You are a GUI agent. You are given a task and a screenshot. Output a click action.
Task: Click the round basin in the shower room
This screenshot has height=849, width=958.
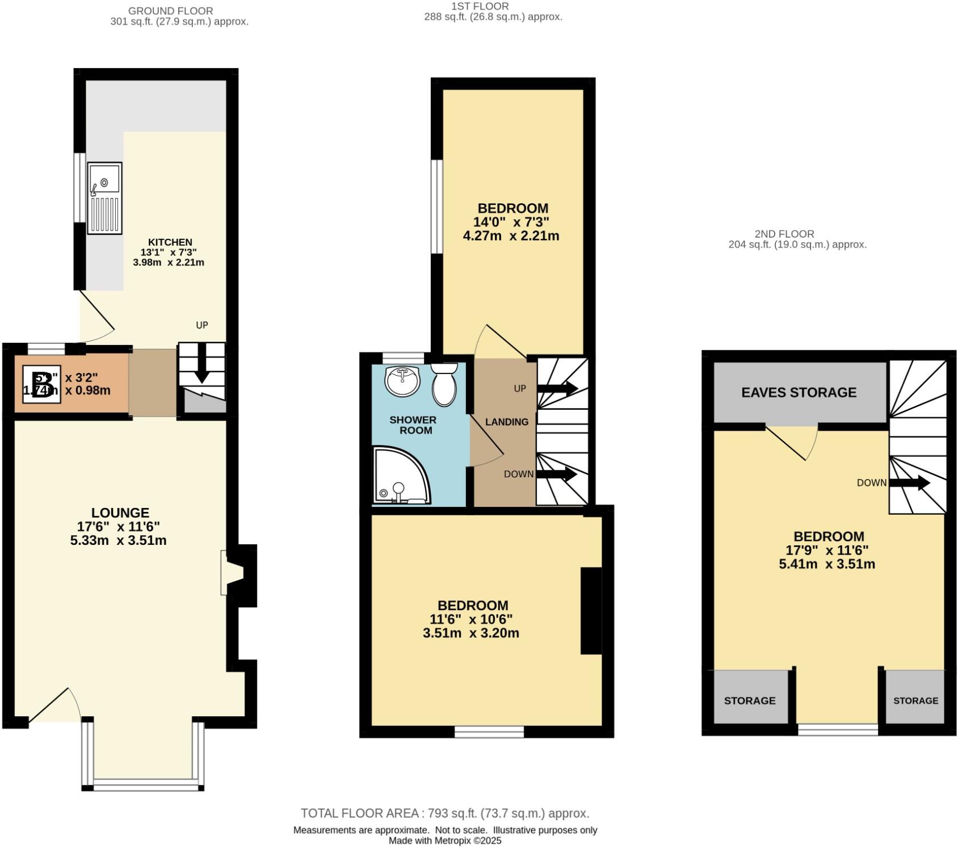pyautogui.click(x=402, y=381)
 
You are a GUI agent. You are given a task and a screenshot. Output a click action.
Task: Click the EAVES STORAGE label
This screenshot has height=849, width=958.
pyautogui.click(x=799, y=392)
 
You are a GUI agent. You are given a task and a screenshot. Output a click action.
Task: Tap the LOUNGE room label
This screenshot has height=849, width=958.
pyautogui.click(x=120, y=513)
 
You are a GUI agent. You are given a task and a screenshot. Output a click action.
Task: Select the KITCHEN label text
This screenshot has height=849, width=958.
pyautogui.click(x=170, y=242)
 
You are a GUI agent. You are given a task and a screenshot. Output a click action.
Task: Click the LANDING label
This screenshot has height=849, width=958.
pyautogui.click(x=507, y=422)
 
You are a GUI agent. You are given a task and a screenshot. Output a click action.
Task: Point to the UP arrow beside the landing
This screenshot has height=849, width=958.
pyautogui.click(x=557, y=389)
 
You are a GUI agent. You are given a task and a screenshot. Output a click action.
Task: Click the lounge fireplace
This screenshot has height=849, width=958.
pyautogui.click(x=237, y=573)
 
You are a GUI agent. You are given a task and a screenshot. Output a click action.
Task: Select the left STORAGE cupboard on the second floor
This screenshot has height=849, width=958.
pyautogui.click(x=750, y=699)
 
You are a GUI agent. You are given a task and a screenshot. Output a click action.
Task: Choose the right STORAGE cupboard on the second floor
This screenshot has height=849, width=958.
pyautogui.click(x=915, y=699)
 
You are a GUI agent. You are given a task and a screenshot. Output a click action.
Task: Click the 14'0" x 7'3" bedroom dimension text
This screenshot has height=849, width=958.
pyautogui.click(x=511, y=222)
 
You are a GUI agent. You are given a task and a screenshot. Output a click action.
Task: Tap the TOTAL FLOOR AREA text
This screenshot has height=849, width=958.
pyautogui.click(x=444, y=813)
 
